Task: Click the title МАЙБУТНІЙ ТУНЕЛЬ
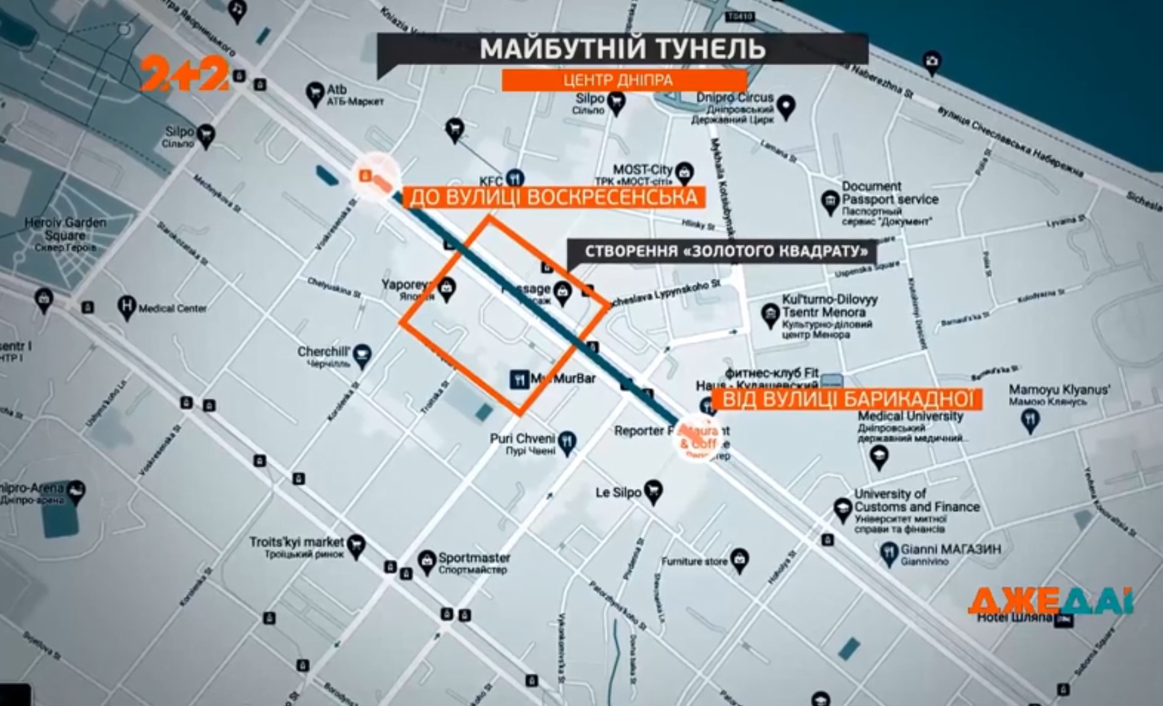(622, 49)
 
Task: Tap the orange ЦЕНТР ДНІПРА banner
(618, 80)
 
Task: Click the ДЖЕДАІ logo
(1050, 600)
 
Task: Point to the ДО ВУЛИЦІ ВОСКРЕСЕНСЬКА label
(553, 197)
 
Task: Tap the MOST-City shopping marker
(685, 173)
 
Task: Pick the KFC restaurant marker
(515, 178)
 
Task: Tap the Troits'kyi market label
(296, 542)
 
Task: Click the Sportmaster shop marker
(427, 561)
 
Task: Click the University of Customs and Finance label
(916, 500)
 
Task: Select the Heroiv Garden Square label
(65, 229)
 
